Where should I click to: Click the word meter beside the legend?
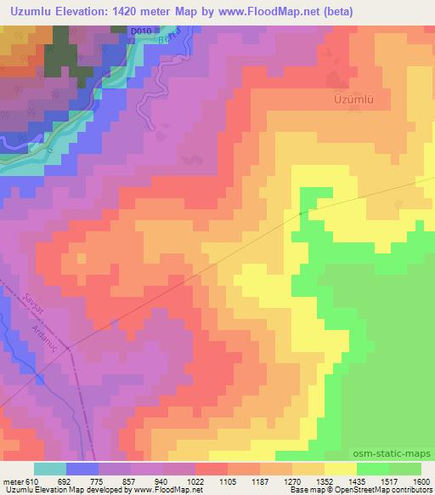(12, 481)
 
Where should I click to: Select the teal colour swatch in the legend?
(49, 469)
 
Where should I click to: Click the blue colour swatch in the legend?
(82, 469)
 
